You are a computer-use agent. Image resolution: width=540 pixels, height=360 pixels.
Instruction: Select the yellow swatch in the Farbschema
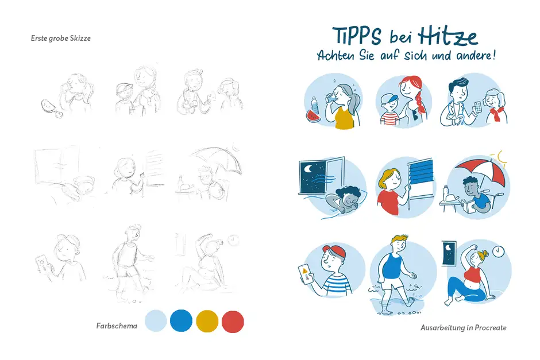pos(207,320)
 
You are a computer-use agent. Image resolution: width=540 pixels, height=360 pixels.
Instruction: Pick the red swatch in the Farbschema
pos(233,320)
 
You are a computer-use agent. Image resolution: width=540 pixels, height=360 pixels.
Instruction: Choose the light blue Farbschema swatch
pos(156,320)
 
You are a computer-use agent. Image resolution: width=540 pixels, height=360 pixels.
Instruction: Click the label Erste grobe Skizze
pos(61,38)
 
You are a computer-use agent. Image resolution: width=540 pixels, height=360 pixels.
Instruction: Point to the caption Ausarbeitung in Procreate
pos(464,328)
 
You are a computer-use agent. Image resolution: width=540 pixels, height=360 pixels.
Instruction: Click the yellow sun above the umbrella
pos(503,157)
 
